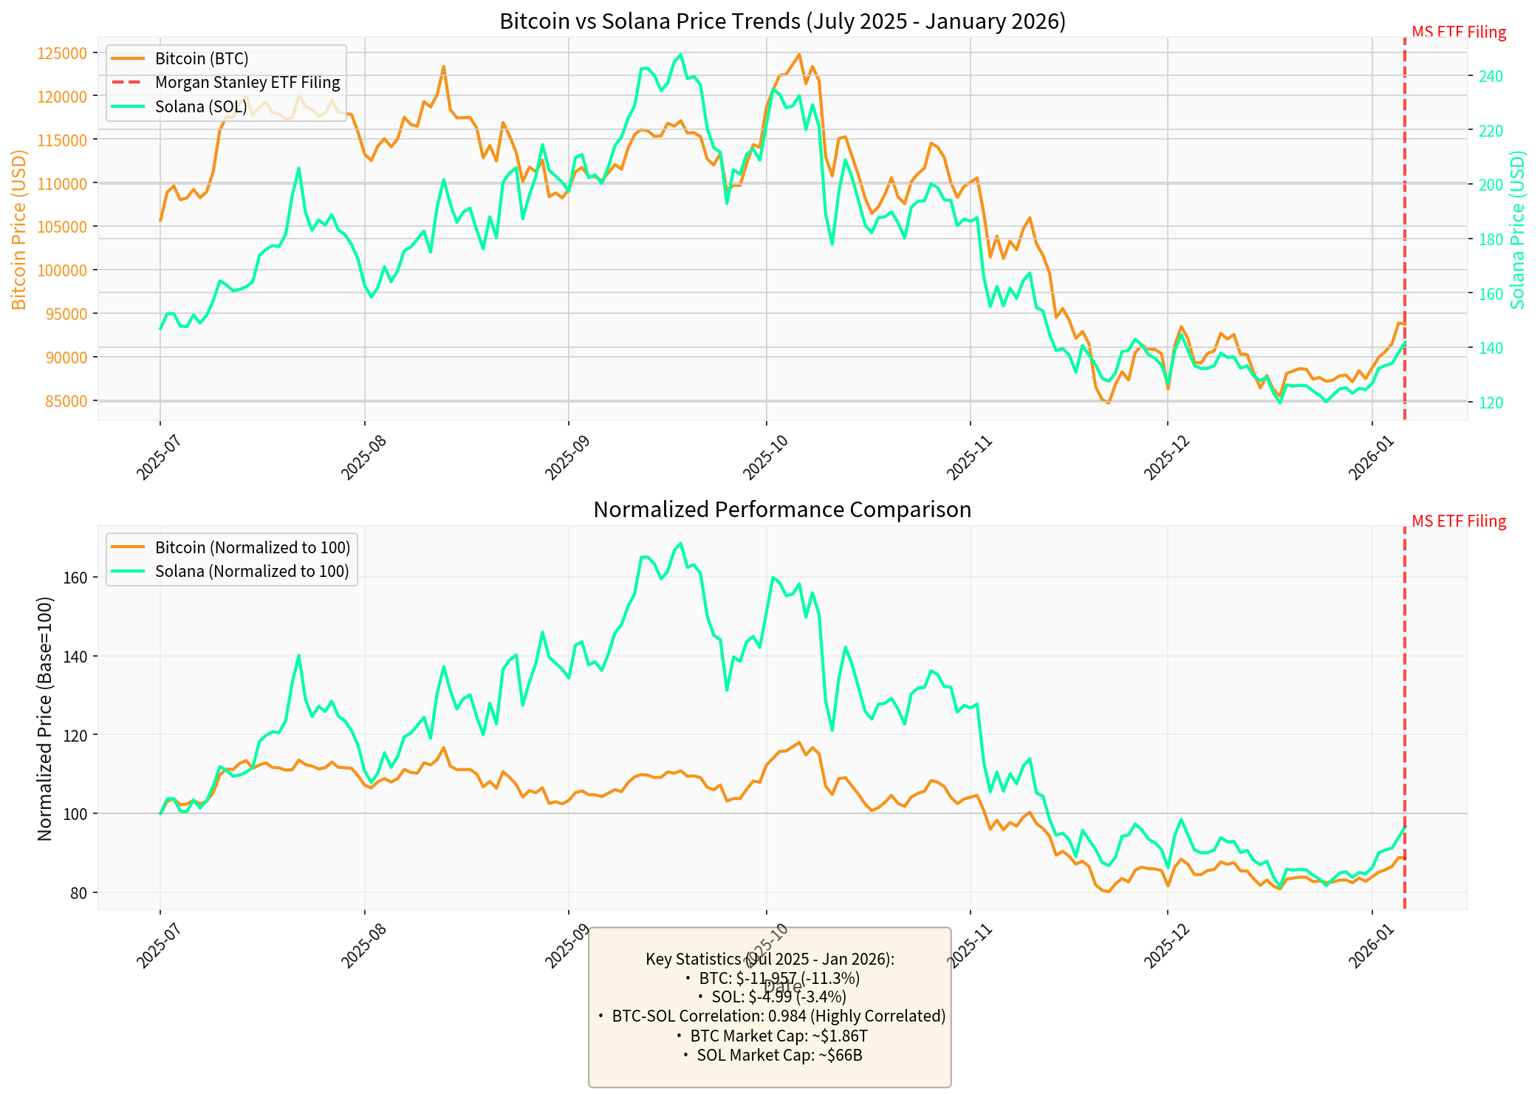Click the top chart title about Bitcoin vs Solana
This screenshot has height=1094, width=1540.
tap(782, 21)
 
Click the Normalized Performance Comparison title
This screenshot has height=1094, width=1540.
tap(782, 510)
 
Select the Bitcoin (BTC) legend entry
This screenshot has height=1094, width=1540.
tap(202, 59)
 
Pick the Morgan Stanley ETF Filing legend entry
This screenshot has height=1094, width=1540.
tap(247, 83)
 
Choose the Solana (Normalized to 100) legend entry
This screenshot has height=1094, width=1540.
tap(251, 572)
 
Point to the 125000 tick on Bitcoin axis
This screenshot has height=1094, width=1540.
tap(62, 53)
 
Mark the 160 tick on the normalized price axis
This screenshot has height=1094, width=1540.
tap(75, 578)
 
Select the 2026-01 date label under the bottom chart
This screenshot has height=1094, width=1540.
tap(1371, 947)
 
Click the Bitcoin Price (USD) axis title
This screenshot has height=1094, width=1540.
tap(18, 230)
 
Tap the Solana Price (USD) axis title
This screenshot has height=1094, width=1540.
tap(1518, 230)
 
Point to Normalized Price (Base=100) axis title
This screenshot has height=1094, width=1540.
tap(45, 719)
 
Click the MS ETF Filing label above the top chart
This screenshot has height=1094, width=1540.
tap(1458, 33)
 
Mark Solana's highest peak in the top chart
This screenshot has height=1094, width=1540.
tap(680, 55)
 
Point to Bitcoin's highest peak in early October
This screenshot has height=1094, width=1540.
tap(799, 55)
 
